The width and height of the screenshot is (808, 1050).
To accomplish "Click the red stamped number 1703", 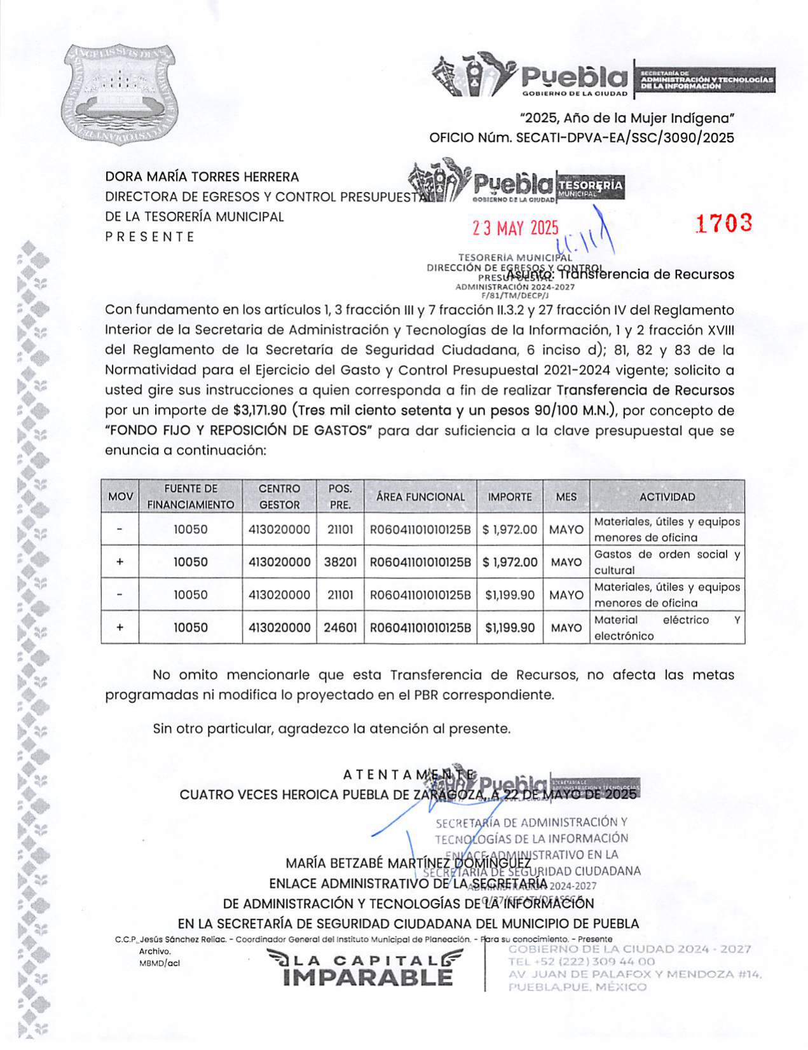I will tap(723, 223).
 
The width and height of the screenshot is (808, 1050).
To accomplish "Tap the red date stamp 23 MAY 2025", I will tap(515, 228).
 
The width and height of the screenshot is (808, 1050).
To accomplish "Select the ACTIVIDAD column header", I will tap(667, 497).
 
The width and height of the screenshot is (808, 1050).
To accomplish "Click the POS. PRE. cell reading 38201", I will tap(340, 562).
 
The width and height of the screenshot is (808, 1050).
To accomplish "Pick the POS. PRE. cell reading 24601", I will tap(340, 628).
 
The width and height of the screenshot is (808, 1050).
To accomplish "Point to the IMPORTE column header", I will tap(510, 497).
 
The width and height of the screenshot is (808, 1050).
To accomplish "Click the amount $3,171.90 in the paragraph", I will tap(260, 411).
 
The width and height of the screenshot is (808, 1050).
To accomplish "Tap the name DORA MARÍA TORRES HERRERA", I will tap(202, 177).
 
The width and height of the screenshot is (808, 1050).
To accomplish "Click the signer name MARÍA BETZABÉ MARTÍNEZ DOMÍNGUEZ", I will tap(408, 864).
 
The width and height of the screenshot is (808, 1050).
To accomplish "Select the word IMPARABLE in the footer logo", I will tap(368, 978).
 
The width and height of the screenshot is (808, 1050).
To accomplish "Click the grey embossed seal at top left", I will tap(119, 94).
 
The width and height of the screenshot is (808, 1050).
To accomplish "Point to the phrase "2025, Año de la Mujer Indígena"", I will tap(627, 118).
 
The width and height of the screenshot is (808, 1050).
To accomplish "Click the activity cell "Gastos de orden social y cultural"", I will tap(667, 562).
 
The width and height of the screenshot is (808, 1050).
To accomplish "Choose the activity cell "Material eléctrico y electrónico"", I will tap(667, 628).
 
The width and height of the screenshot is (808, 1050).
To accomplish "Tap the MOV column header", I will tap(120, 497).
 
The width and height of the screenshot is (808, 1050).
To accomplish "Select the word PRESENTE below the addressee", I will tap(150, 237).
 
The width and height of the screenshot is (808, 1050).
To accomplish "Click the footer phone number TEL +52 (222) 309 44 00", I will tap(581, 962).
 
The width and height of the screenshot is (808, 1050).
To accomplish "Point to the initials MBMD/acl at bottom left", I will tap(160, 963).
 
